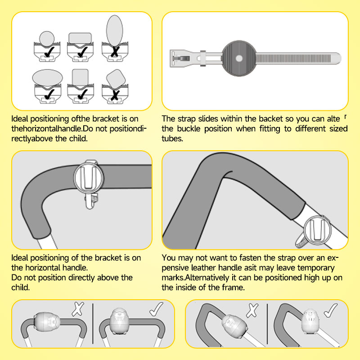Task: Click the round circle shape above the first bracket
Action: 47,39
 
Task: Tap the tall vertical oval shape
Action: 115,31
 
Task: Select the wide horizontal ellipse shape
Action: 48,78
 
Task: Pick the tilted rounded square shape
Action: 116,79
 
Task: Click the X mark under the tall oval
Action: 115,51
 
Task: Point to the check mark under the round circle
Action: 49,52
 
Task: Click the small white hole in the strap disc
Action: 239,58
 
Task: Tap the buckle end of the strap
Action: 184,58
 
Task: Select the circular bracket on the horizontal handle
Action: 89,177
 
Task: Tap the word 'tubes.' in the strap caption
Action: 172,139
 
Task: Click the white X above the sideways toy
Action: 78,309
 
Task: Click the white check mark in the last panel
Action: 331,310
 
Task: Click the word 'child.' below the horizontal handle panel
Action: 21,288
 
